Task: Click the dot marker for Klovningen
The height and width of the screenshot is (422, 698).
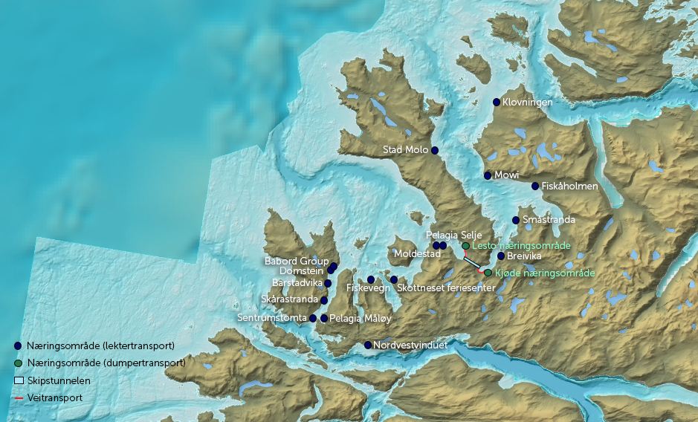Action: [x=497, y=102]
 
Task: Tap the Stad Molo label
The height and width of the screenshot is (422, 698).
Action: [x=405, y=150]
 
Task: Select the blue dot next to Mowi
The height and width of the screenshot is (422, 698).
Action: [x=488, y=175]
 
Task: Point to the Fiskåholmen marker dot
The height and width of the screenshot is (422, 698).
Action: [x=535, y=186]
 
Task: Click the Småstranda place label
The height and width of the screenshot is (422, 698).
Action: [x=549, y=220]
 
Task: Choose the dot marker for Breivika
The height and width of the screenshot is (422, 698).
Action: [x=501, y=256]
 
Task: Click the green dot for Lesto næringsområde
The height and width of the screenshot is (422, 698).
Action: [x=465, y=245]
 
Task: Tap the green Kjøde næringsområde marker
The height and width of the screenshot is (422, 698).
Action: [x=488, y=273]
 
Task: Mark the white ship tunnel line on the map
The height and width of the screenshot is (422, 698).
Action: [x=472, y=262]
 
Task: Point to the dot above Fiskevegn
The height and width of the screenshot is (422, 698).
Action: [x=371, y=279]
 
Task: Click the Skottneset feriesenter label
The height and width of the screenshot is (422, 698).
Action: [x=442, y=288]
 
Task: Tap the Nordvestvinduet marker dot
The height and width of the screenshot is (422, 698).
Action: [x=368, y=345]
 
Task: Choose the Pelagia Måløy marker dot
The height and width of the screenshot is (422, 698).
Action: [x=324, y=318]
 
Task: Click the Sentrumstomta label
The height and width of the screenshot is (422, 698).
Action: [x=272, y=318]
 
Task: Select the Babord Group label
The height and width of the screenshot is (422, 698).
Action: [x=297, y=262]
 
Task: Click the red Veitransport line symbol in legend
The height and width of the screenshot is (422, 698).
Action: [x=19, y=398]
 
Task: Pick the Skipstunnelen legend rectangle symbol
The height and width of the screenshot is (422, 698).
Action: [x=19, y=380]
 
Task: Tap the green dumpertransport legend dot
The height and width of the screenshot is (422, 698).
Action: [x=18, y=363]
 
